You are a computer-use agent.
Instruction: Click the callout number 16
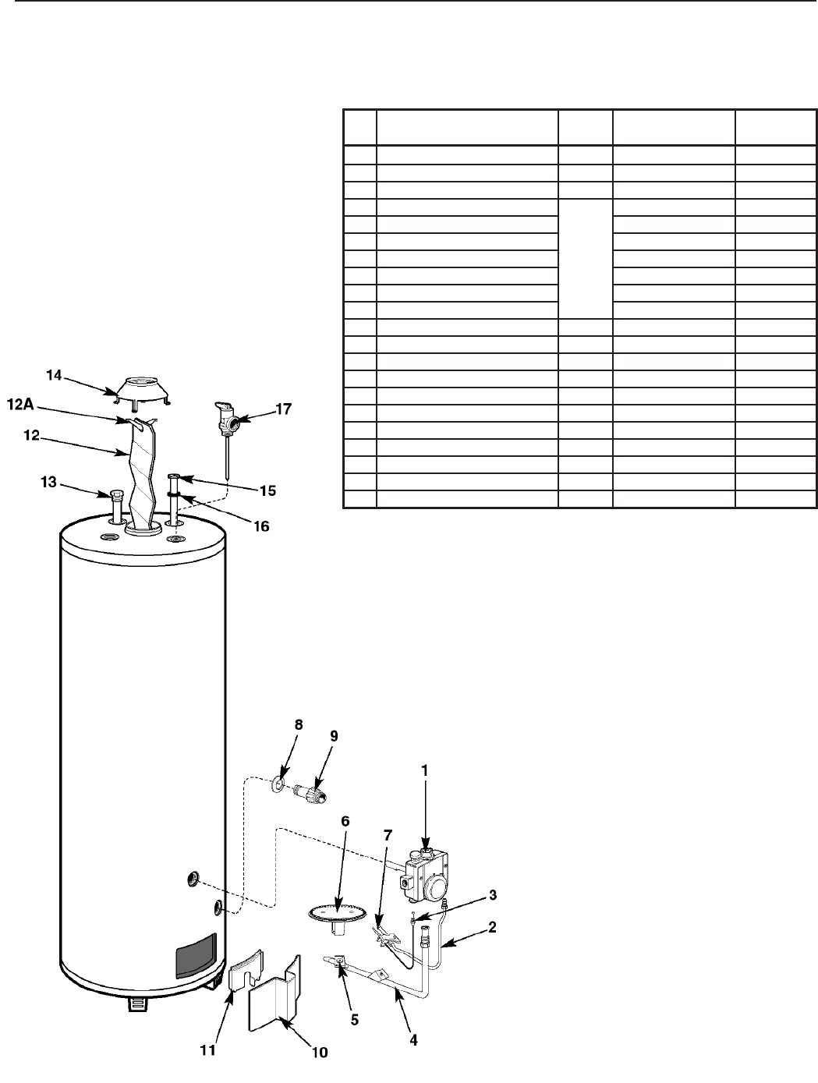point(260,526)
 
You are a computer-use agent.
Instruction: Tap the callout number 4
point(413,1040)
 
